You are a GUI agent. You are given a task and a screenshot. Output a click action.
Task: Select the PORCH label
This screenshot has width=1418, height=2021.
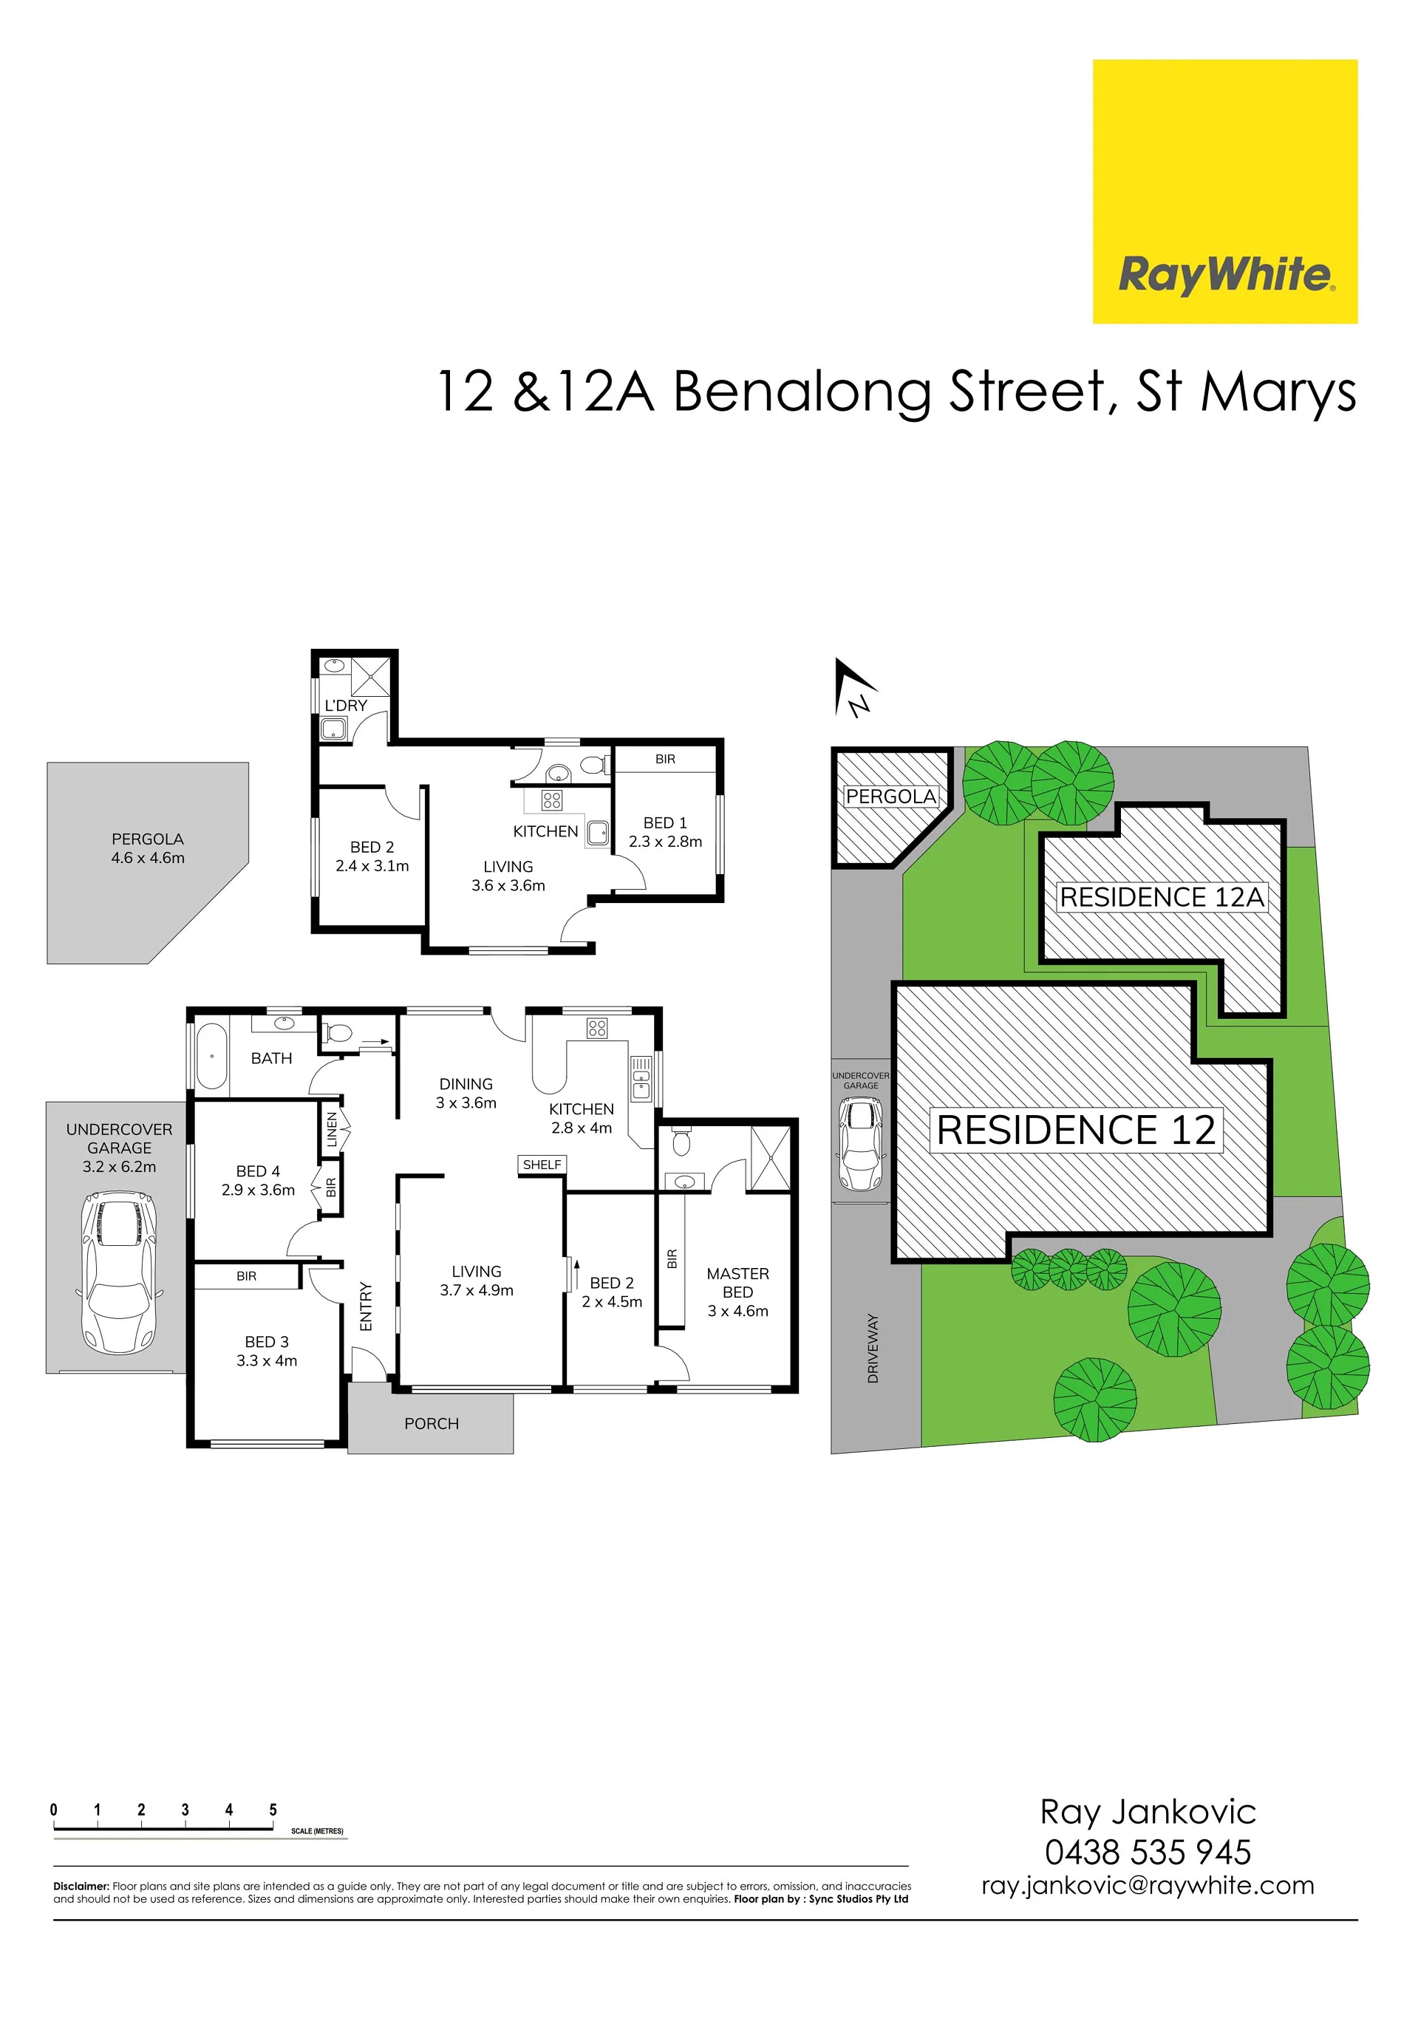432,1423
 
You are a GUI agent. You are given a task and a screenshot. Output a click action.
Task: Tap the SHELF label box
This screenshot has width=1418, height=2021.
542,1165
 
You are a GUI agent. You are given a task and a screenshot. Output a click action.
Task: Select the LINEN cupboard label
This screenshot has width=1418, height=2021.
332,1129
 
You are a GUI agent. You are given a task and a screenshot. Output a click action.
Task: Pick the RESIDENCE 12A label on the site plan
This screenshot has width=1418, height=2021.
1162,897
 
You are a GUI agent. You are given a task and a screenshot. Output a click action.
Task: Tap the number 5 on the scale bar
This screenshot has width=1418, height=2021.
273,1810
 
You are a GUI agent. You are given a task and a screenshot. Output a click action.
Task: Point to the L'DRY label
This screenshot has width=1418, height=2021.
346,705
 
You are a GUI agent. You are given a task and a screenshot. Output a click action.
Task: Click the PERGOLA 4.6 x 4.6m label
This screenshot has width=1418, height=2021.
148,848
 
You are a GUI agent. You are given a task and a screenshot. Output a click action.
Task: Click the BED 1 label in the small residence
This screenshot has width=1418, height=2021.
666,822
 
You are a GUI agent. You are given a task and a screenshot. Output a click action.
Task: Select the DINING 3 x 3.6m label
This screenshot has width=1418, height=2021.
466,1093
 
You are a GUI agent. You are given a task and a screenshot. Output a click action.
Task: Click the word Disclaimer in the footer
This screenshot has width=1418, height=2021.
81,1887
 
